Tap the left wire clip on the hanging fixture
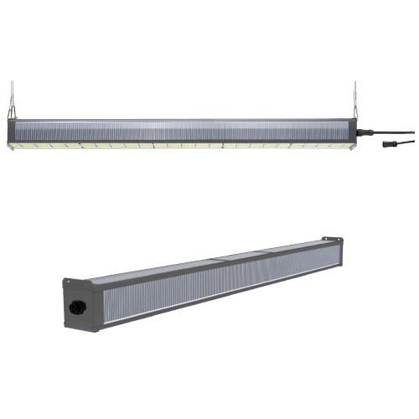(13, 111)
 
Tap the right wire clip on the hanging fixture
(355, 111)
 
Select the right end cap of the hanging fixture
(357, 132)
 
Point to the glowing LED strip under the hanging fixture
(168, 145)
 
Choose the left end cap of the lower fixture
(75, 305)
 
